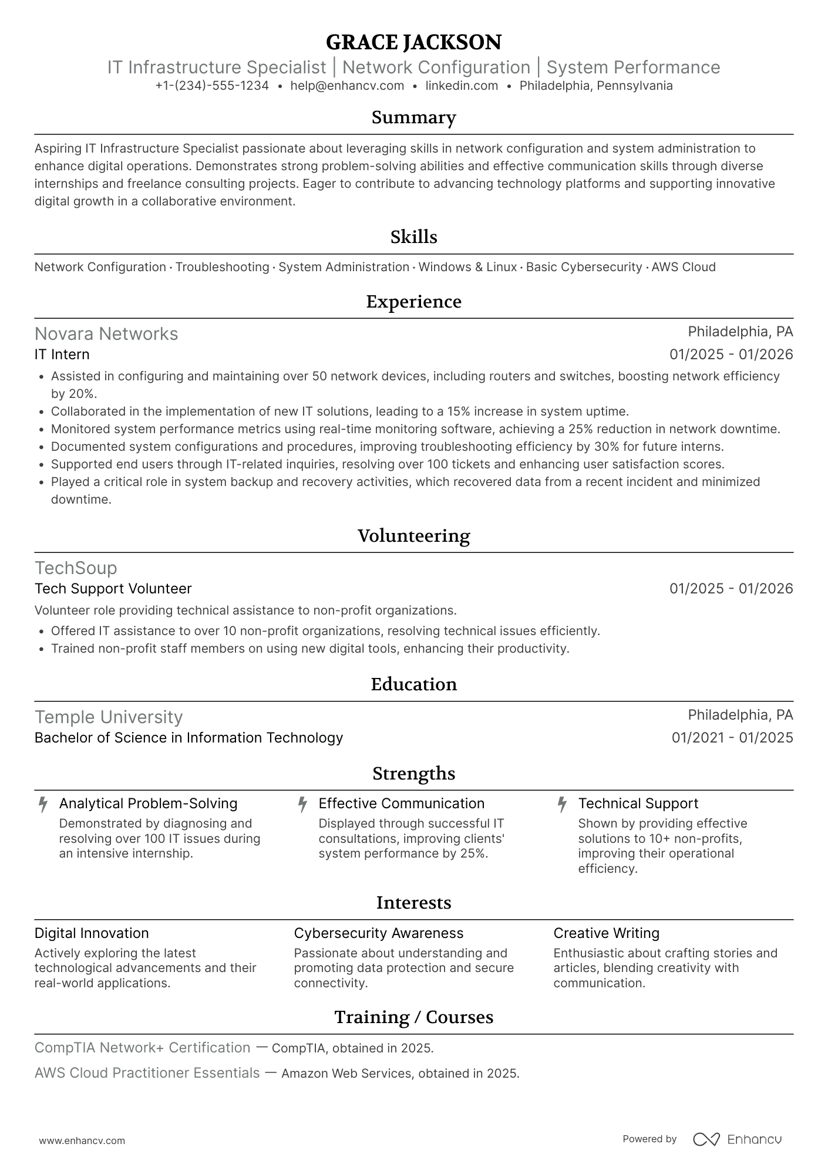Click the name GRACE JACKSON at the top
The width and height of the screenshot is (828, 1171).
coord(413,42)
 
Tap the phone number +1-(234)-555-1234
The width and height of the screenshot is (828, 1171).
coord(212,86)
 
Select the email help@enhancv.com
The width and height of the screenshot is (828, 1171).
coord(347,86)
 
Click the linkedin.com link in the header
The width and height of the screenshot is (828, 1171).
coord(462,86)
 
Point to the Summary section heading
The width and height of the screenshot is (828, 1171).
coord(413,117)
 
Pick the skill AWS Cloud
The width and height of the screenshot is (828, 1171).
coord(684,267)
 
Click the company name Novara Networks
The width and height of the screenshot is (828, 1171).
coord(106,334)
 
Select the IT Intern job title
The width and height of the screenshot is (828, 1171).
coord(62,355)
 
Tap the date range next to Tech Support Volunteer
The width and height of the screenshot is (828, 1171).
coord(731,589)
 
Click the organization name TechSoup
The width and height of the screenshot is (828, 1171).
coord(76,568)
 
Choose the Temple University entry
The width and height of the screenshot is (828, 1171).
coord(109,717)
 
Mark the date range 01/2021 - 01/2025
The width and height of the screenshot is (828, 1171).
coord(732,738)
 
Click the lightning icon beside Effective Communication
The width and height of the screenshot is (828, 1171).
coord(302,804)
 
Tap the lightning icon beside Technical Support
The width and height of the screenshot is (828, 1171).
coord(562,804)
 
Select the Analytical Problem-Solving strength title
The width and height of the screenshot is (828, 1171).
coord(148,804)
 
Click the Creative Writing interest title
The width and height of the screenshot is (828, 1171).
coord(606,933)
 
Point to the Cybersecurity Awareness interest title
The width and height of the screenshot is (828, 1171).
coord(379,933)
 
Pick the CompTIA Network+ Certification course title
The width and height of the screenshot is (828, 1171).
coord(143,1048)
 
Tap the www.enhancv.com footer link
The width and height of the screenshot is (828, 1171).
coord(82,1141)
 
